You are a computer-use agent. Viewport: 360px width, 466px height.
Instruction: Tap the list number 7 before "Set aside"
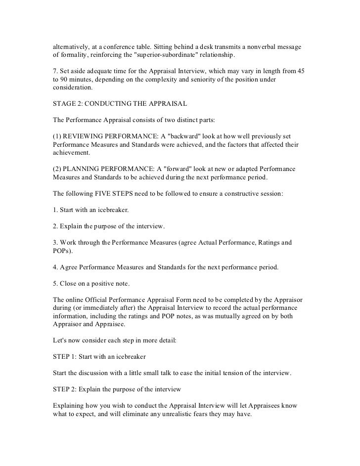click(x=54, y=72)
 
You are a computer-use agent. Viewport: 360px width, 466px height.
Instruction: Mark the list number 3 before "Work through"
click(x=54, y=243)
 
